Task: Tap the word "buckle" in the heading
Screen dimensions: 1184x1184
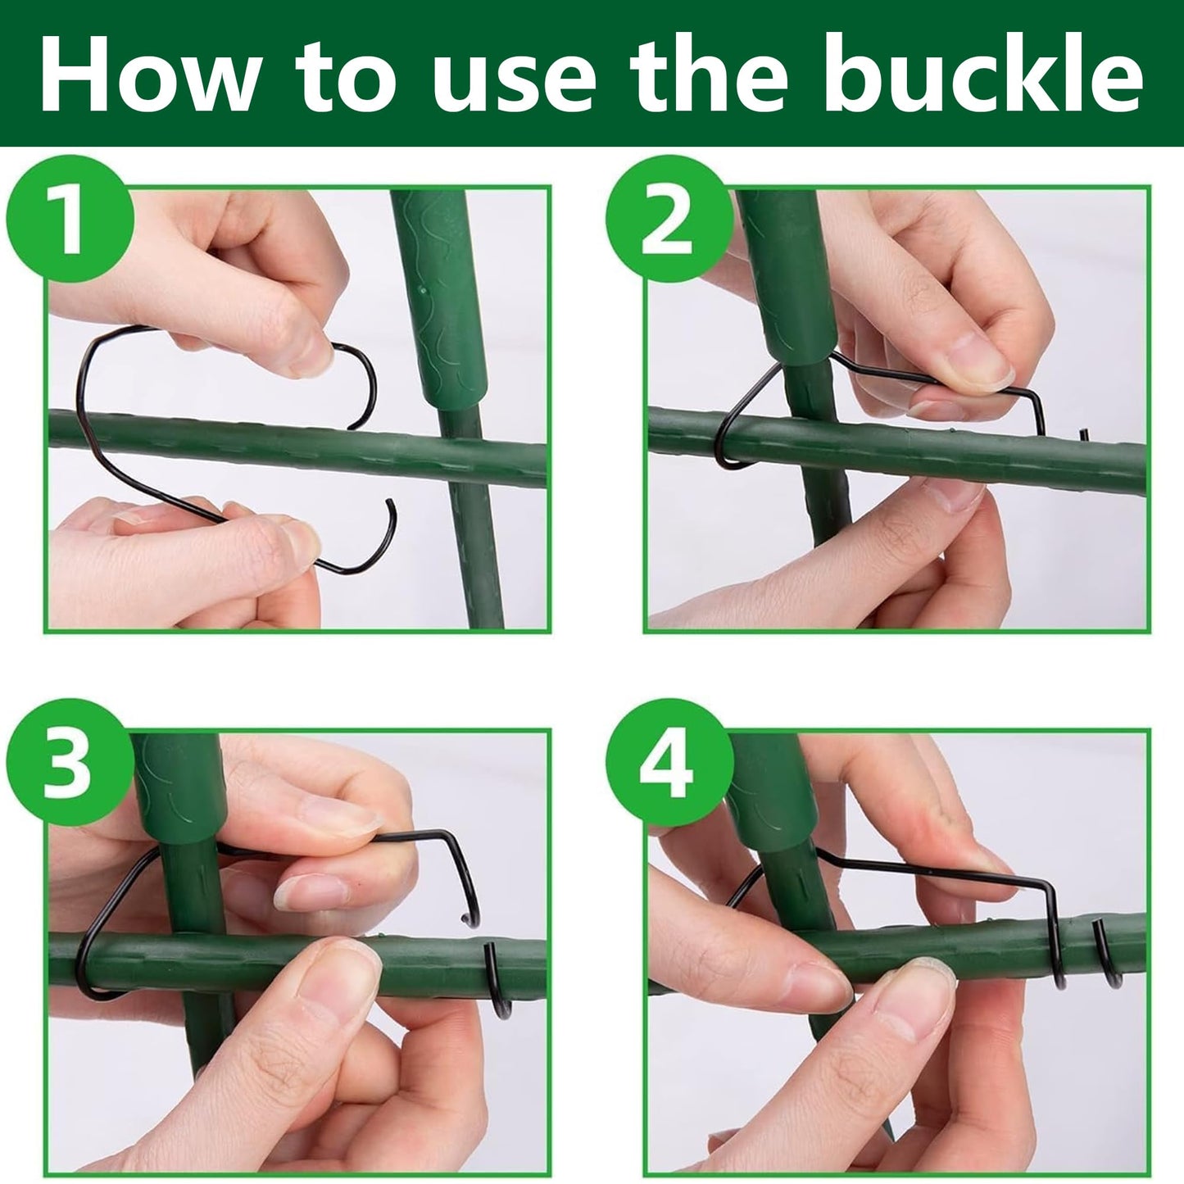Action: (983, 73)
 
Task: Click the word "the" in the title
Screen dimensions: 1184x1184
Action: (709, 73)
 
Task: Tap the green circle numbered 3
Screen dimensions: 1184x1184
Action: (70, 763)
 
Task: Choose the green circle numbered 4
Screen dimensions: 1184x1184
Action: (669, 763)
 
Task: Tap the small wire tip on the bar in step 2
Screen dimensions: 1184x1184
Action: (1084, 434)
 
